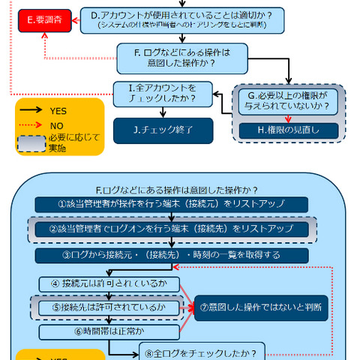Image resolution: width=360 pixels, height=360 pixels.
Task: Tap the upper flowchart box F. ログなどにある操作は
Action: pyautogui.click(x=175, y=57)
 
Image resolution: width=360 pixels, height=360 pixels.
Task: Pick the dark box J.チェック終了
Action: pyautogui.click(x=163, y=130)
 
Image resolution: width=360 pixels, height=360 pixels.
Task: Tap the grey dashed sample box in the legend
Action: pyautogui.click(x=32, y=142)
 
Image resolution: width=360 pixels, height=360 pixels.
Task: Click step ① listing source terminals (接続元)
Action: pyautogui.click(x=172, y=204)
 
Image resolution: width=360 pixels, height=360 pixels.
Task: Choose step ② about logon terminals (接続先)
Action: pyautogui.click(x=172, y=229)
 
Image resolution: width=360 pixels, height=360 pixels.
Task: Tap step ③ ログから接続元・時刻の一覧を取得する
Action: pyautogui.click(x=172, y=256)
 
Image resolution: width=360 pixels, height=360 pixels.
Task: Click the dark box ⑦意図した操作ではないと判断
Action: pyautogui.click(x=262, y=307)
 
